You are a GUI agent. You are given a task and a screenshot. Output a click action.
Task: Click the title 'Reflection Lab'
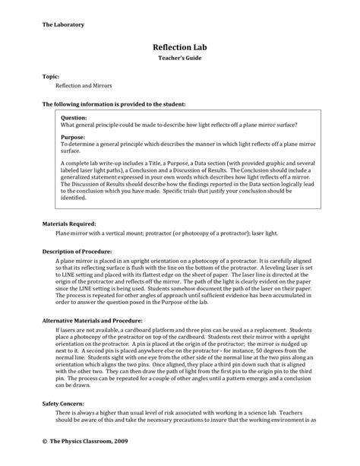[x=179, y=46]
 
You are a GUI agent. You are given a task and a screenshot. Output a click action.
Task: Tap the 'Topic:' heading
[x=52, y=78]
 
